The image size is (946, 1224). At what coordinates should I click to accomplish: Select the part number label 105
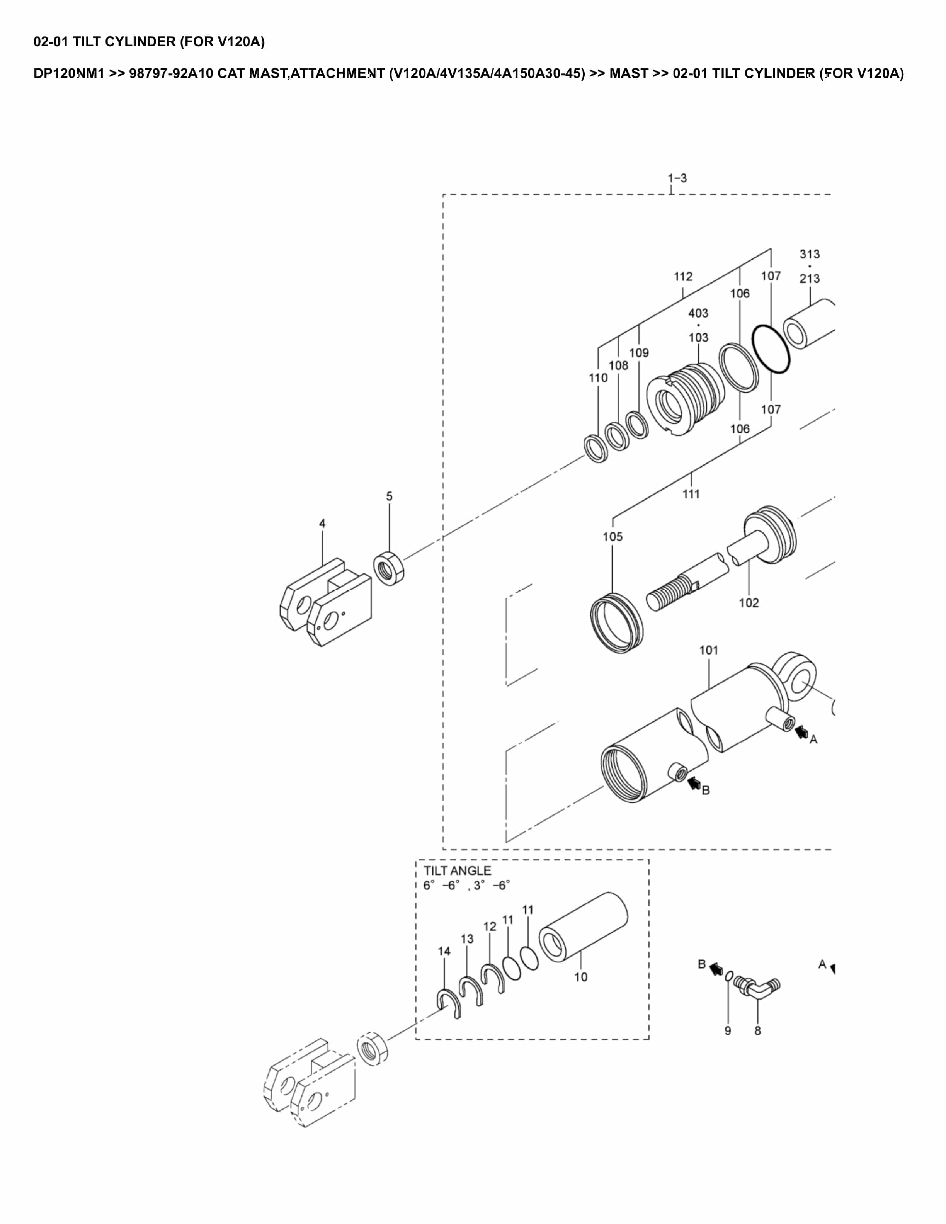[613, 536]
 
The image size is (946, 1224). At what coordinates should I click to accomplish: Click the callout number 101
[708, 650]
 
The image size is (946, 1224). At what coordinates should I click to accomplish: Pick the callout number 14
[444, 951]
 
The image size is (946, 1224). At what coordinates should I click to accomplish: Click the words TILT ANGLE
[457, 870]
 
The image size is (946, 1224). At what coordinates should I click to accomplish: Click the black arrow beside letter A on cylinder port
[802, 731]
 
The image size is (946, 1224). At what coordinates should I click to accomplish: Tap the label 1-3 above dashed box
[677, 178]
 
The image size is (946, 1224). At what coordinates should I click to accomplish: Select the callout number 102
[749, 602]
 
